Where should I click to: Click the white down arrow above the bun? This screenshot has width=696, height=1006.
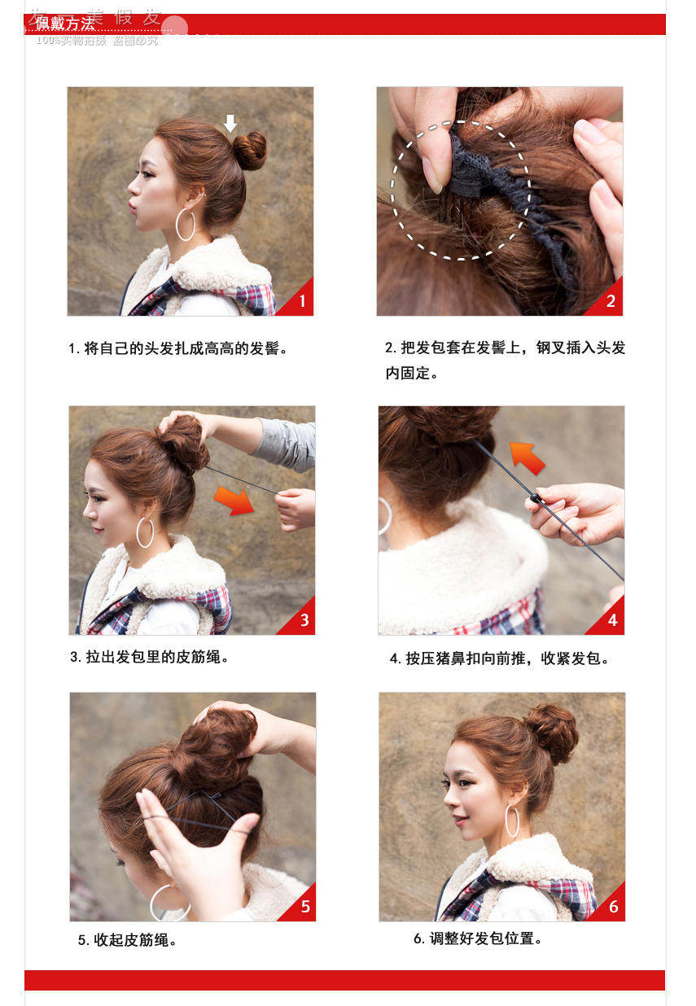(x=230, y=123)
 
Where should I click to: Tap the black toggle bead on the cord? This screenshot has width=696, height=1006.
(x=535, y=496)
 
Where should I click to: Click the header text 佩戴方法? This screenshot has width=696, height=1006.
(x=65, y=24)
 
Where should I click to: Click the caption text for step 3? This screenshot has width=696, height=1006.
(x=149, y=657)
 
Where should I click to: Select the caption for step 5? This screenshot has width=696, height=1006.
(x=128, y=940)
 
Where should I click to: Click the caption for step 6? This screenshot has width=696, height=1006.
(x=478, y=938)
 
